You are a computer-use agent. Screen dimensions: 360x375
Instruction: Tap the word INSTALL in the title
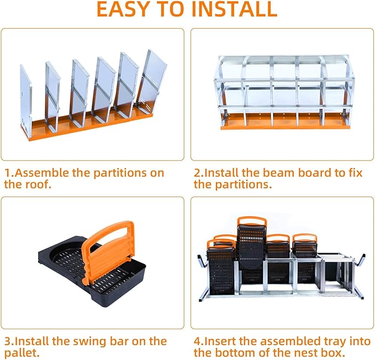point(232,9)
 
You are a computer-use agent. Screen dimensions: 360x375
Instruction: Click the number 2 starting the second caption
point(197,173)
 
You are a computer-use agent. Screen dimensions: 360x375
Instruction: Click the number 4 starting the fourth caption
point(197,341)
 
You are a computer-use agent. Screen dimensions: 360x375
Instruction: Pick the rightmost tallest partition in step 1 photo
point(153,80)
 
